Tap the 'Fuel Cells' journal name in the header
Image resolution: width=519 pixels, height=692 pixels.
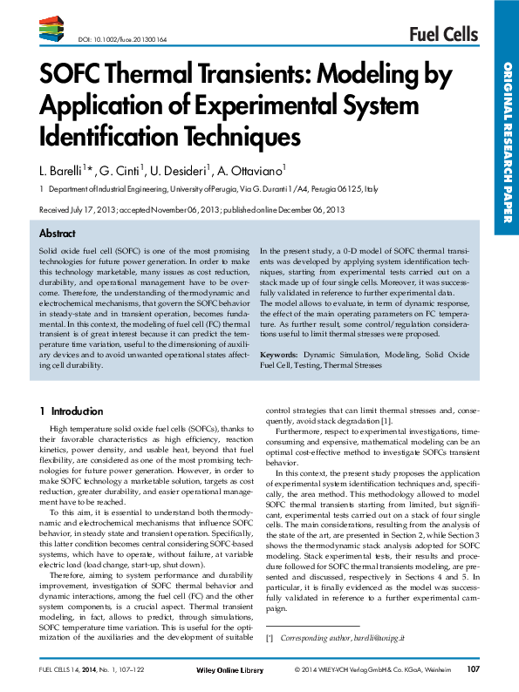[443, 34]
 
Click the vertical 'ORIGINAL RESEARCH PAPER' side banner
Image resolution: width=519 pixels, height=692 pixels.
[506, 139]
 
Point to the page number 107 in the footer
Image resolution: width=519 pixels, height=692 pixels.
[474, 669]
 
